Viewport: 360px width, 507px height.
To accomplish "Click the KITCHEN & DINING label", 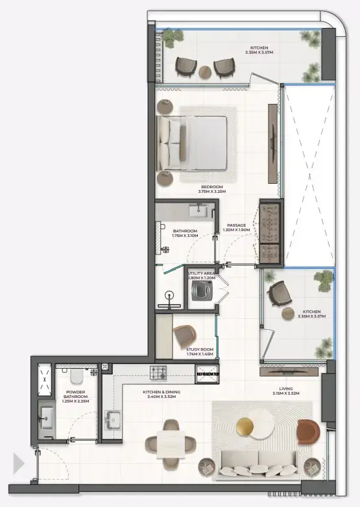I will click(162, 394).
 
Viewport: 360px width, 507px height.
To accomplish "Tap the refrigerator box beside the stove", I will click(208, 373).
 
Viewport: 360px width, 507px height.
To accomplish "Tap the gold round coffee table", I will click(246, 427).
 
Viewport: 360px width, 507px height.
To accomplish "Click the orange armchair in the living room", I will click(308, 431).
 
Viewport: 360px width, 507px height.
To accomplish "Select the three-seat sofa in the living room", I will click(258, 462).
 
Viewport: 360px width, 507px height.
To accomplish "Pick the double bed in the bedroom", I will click(194, 142).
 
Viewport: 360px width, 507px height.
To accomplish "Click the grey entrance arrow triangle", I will click(18, 464).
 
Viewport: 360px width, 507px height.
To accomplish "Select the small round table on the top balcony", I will click(205, 71).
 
